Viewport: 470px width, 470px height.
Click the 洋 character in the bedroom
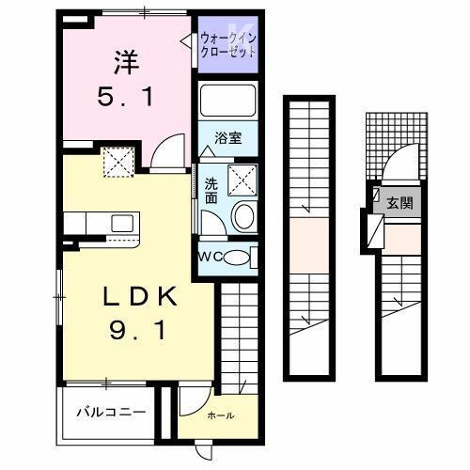point(128,63)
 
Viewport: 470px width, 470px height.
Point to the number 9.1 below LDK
point(138,331)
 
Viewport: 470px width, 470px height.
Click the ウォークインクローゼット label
point(228,45)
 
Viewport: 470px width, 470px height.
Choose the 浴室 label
point(229,138)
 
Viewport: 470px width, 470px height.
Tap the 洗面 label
point(211,191)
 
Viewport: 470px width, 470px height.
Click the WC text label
point(209,258)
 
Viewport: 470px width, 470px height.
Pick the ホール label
point(219,415)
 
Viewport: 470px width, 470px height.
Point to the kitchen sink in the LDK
point(122,225)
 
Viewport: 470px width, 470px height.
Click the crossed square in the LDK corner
point(119,163)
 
